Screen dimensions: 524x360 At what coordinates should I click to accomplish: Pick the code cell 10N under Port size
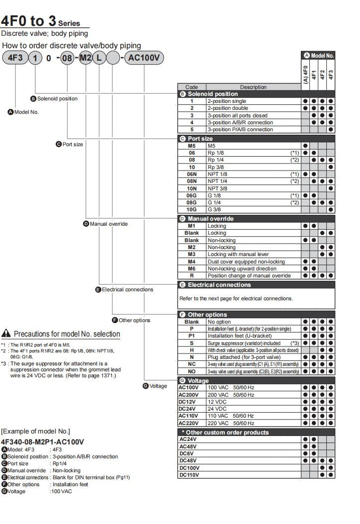point(191,188)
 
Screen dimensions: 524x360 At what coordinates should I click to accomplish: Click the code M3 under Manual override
point(191,254)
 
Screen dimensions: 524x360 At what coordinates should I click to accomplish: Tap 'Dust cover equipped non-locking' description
point(246,262)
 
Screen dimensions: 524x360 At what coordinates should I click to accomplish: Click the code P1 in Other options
point(191,336)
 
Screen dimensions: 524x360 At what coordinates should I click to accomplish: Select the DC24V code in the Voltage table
point(189,409)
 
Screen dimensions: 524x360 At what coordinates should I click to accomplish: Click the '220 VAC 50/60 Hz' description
point(231,423)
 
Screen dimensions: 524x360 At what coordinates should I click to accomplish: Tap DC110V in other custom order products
point(189,474)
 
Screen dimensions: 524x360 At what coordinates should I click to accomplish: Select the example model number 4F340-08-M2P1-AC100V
point(42,441)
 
